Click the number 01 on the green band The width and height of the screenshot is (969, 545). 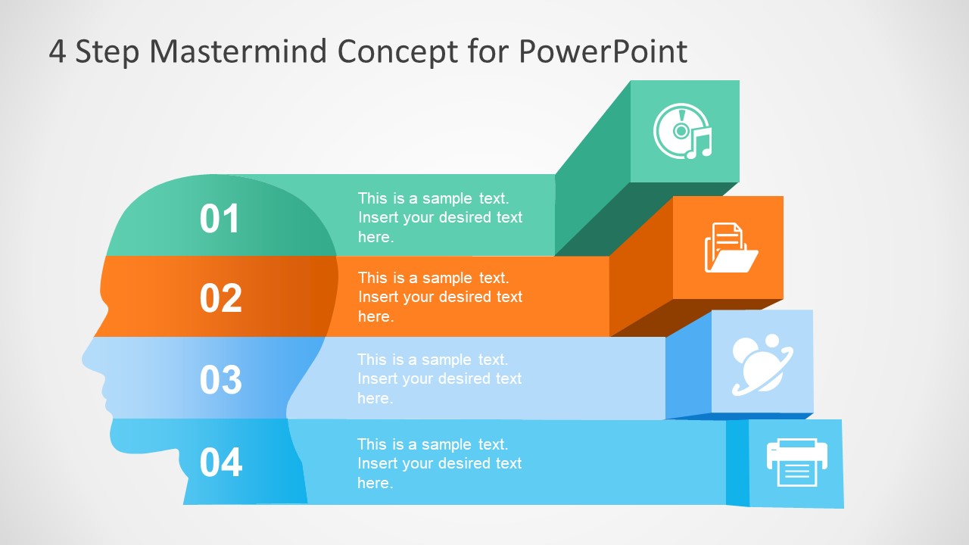[x=220, y=219]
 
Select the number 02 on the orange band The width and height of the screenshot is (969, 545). [x=220, y=298]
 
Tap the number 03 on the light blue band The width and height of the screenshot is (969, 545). [x=220, y=379]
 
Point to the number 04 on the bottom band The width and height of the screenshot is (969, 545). [x=220, y=462]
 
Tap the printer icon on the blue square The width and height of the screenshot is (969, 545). [x=796, y=462]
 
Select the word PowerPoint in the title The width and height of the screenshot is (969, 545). [x=603, y=51]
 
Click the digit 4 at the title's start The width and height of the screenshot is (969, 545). [x=58, y=51]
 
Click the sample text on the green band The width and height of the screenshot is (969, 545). [x=440, y=217]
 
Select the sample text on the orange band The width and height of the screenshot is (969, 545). [x=440, y=297]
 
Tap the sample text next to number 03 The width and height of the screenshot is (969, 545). [x=439, y=378]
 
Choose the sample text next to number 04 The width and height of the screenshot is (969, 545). [x=439, y=463]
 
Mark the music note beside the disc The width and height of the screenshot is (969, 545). [x=700, y=143]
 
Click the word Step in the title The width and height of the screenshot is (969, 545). [x=107, y=51]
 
